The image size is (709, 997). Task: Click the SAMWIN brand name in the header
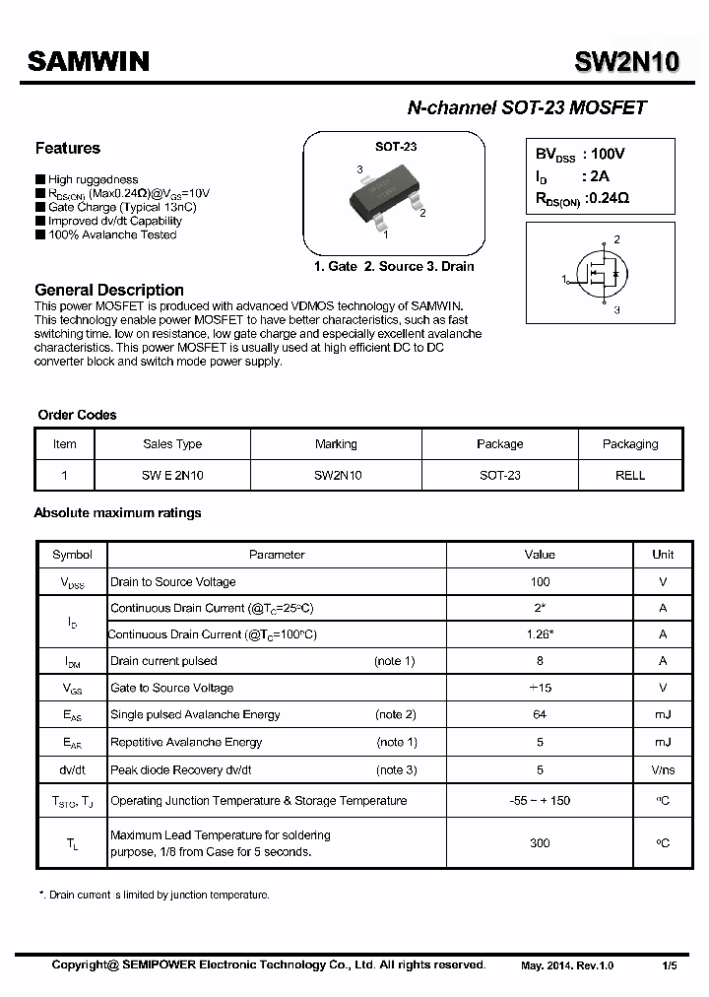(89, 62)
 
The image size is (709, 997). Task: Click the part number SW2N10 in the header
(626, 62)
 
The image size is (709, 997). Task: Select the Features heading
(68, 149)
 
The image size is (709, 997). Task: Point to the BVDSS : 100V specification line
(581, 155)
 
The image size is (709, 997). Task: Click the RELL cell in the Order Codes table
(630, 475)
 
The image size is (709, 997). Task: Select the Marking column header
(336, 444)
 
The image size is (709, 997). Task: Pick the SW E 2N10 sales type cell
(172, 475)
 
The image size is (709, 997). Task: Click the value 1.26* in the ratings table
(540, 635)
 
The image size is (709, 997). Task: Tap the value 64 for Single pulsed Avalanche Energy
(540, 714)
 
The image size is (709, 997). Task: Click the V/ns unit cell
(663, 769)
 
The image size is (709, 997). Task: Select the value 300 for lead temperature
(540, 843)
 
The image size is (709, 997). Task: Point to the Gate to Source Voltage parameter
(172, 688)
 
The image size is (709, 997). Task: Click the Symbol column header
(72, 555)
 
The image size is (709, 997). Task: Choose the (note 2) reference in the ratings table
(396, 714)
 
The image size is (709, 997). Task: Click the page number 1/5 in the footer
(670, 965)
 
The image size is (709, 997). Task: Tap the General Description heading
(109, 290)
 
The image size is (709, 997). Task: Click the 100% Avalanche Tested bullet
(112, 234)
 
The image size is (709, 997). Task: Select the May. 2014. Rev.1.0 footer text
(567, 965)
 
